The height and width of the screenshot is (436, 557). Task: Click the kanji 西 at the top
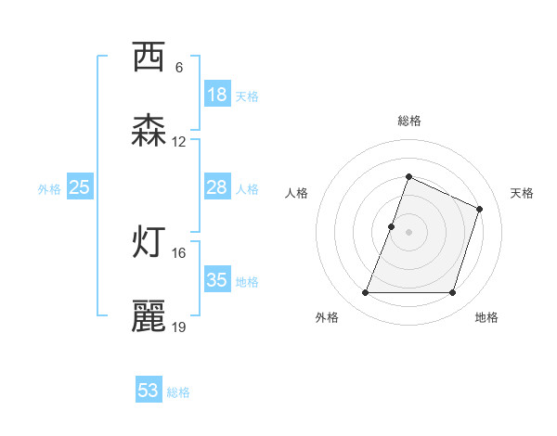coord(149,58)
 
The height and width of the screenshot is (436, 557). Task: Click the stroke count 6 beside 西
coord(179,67)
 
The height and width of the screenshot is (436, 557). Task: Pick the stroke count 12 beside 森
coord(179,142)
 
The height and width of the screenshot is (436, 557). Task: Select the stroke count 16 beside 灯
coord(179,252)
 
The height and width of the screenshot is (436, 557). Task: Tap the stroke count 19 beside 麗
coord(179,327)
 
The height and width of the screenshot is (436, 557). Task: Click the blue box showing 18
coord(217,95)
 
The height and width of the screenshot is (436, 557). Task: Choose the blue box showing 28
coord(217,187)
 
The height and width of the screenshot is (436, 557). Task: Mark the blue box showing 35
coord(217,280)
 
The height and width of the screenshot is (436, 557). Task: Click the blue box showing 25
coord(80,187)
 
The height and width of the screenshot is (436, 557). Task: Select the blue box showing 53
coord(149,391)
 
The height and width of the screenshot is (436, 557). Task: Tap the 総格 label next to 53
coord(178,392)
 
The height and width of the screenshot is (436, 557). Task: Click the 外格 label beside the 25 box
coord(49,189)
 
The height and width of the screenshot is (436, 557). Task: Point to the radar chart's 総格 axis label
coord(408,121)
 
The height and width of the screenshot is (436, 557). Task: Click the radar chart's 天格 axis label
coord(523,193)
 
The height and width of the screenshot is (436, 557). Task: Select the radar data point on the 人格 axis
coord(392,226)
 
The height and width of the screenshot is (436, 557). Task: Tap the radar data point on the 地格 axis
coord(453,293)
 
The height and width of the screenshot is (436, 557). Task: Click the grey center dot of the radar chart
coord(408,232)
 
